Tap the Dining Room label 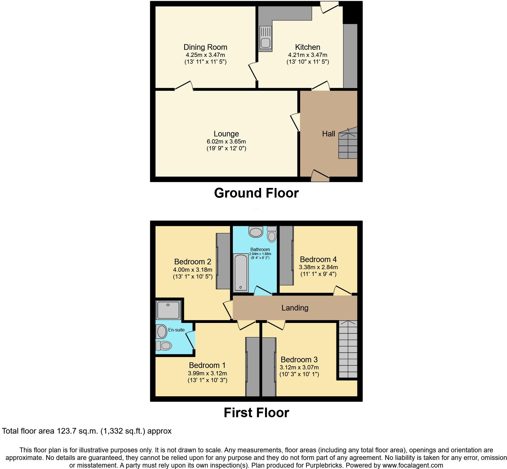coord(205,47)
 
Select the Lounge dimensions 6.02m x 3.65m coord(226,142)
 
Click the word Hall coord(328,134)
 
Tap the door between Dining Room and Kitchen coord(253,72)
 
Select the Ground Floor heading coord(256,193)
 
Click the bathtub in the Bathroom coord(241,273)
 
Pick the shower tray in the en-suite coord(168,310)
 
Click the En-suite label coord(176,330)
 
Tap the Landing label coord(295,308)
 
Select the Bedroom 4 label coord(318,259)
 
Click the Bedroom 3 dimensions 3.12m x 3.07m coord(299,367)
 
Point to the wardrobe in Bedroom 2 coord(223,261)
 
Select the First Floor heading coord(256,413)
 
